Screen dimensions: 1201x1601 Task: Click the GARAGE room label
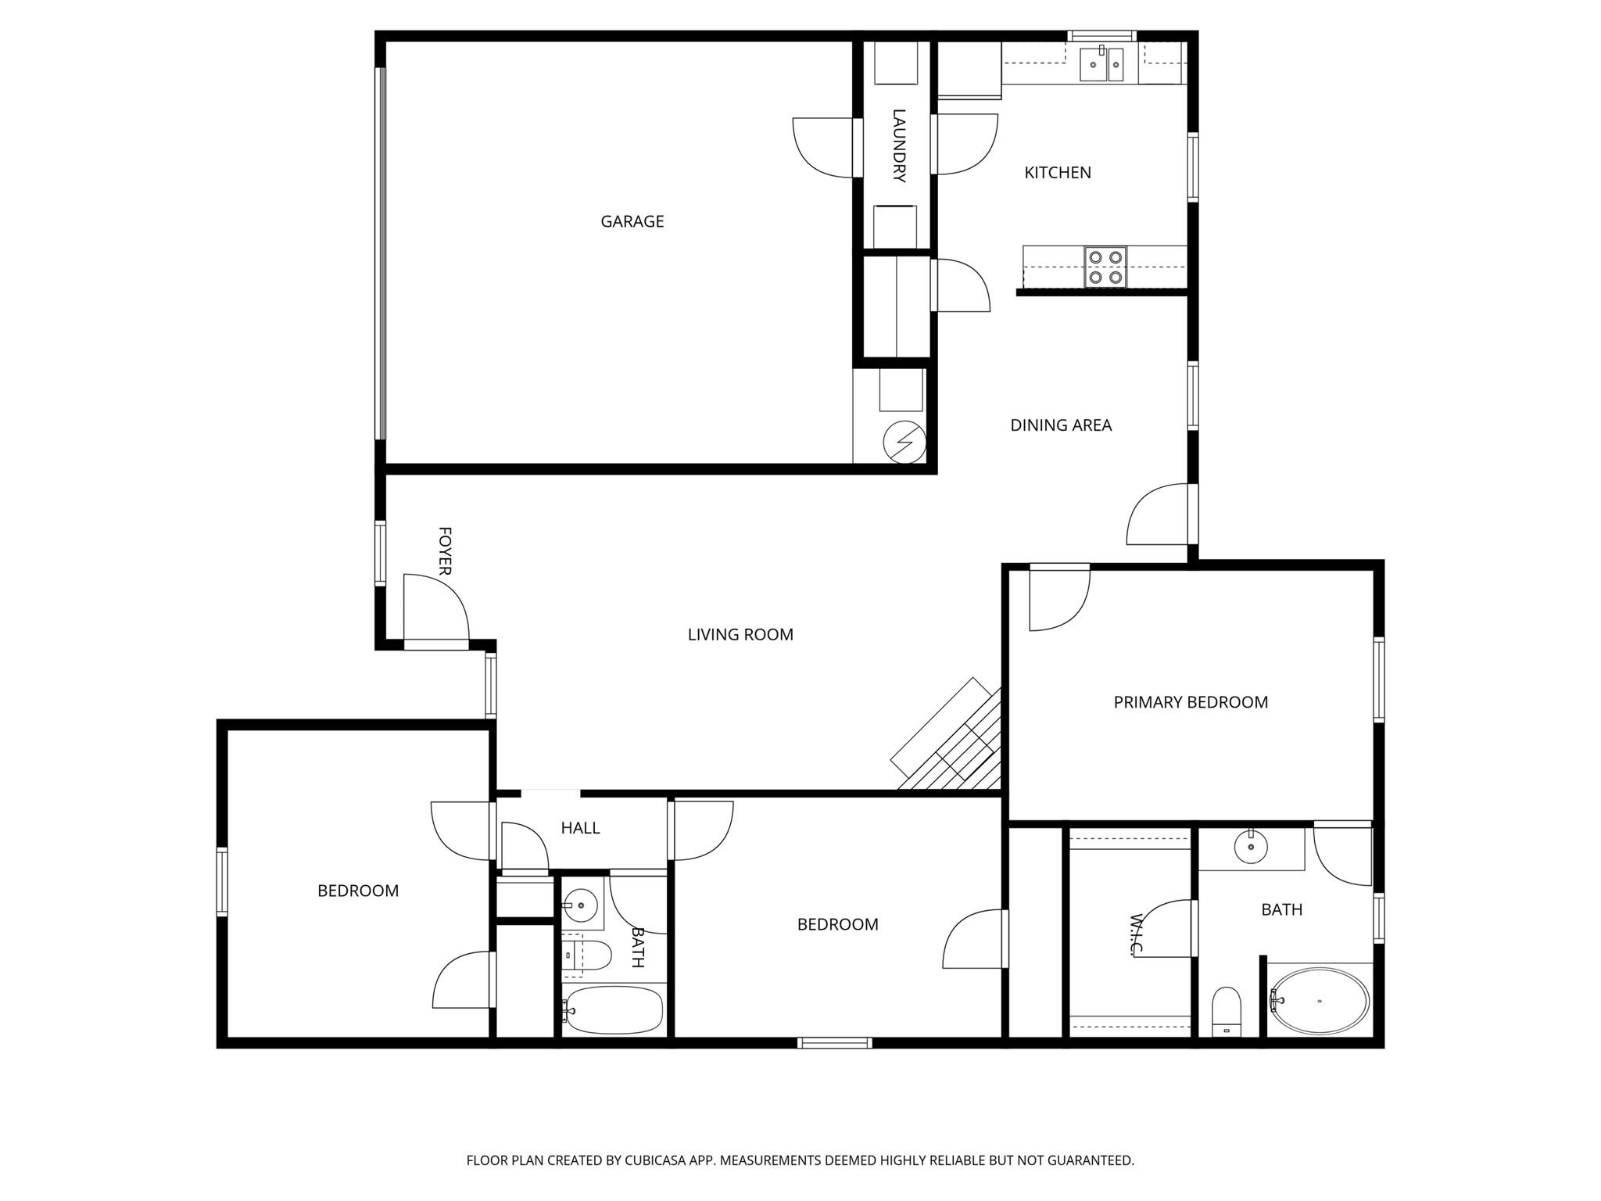632,221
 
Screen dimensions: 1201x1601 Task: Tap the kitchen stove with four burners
1105,266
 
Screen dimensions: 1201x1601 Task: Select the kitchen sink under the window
1101,64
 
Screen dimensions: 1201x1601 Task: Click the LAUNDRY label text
898,146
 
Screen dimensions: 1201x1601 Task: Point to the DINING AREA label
1060,425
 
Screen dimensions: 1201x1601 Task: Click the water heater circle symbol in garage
904,443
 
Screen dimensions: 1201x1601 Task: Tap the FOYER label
445,551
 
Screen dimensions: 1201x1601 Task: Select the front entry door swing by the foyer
434,608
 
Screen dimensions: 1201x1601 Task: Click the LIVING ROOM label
740,635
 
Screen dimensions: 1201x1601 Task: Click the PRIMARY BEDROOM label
1190,702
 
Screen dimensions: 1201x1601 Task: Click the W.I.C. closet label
1137,934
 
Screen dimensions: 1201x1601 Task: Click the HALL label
580,828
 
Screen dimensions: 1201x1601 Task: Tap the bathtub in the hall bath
614,1009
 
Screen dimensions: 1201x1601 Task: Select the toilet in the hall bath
586,955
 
